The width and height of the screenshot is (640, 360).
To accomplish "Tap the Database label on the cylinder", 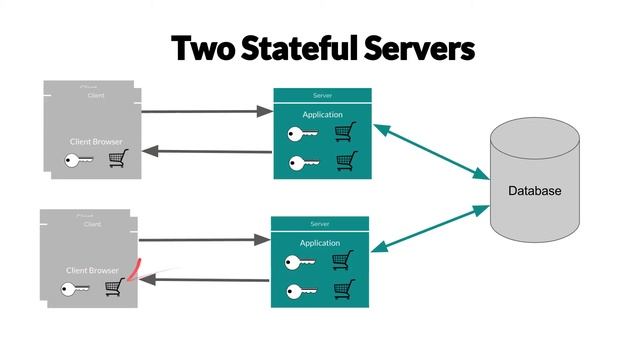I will (x=534, y=191).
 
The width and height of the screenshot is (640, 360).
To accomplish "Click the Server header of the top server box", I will (x=322, y=95).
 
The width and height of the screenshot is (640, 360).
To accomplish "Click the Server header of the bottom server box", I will (x=320, y=223).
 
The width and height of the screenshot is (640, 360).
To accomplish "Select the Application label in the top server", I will (x=322, y=115).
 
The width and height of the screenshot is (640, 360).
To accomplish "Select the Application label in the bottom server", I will (x=320, y=243).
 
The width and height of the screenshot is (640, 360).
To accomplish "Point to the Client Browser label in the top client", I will (x=96, y=142).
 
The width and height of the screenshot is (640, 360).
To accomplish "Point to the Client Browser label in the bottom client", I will (x=92, y=270).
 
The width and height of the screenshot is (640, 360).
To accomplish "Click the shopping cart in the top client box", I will (x=118, y=158).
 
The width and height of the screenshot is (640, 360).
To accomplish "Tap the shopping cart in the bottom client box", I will (x=114, y=286).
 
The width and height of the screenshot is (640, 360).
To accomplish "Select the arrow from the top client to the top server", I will (x=206, y=111).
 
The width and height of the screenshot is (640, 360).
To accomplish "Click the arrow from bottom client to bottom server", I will (x=204, y=240).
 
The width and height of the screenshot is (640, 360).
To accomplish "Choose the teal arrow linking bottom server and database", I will (x=430, y=230).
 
